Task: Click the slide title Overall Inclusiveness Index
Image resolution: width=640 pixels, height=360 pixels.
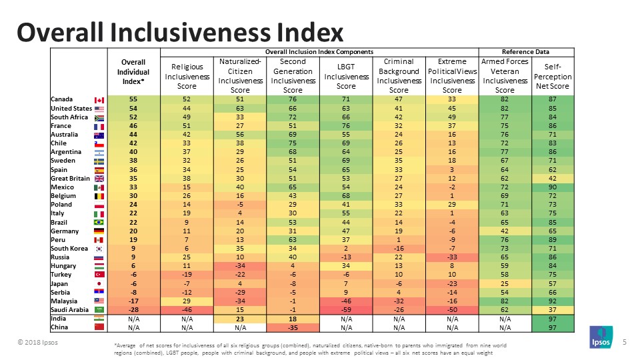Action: click(x=180, y=31)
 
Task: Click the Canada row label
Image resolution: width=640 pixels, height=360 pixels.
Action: click(x=63, y=99)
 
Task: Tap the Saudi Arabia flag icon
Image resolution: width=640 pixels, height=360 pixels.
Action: click(x=100, y=309)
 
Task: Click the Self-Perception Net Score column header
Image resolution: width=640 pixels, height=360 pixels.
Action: click(x=557, y=77)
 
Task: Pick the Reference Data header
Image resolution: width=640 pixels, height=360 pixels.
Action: click(x=531, y=52)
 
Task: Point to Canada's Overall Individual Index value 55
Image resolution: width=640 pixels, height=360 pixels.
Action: click(x=133, y=99)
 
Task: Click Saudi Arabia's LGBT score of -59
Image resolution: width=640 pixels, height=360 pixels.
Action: click(x=346, y=309)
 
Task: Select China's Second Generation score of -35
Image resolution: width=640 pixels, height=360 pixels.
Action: click(x=293, y=328)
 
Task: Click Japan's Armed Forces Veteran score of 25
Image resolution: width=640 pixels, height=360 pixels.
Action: click(x=505, y=283)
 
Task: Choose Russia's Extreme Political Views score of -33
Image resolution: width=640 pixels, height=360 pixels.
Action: click(x=452, y=257)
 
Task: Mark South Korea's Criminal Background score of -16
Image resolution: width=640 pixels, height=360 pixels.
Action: click(x=399, y=248)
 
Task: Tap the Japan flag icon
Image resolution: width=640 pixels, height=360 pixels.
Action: click(x=100, y=283)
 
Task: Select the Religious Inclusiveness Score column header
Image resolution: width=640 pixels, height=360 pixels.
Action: click(x=187, y=77)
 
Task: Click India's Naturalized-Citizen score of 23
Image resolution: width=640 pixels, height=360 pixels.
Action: click(x=239, y=319)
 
